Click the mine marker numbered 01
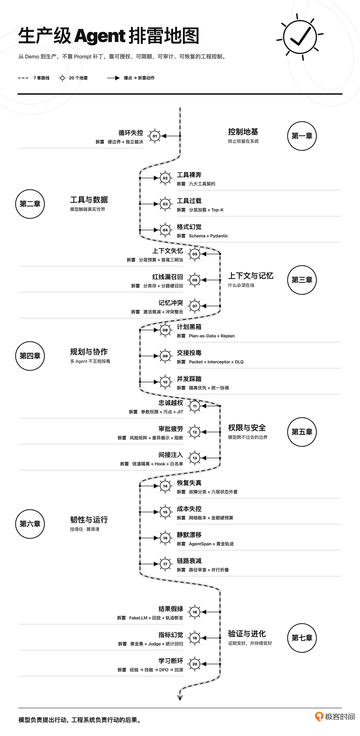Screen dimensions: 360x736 (x=155, y=136)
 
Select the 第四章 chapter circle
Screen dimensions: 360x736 (x=30, y=356)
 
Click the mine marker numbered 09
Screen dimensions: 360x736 (x=165, y=356)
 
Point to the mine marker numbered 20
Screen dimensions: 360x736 (x=195, y=664)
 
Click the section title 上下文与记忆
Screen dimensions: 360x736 (x=251, y=276)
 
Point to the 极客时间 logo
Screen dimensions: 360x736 (x=335, y=717)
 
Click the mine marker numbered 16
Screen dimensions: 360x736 (x=165, y=538)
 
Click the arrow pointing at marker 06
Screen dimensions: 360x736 (x=211, y=280)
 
